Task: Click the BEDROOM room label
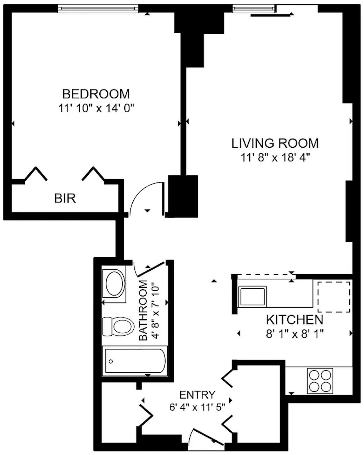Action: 96,94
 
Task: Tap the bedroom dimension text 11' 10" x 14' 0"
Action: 96,108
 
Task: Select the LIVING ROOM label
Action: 275,143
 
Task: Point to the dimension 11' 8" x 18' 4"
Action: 275,158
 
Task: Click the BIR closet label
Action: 65,198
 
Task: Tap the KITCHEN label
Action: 295,320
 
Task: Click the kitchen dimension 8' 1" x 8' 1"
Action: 295,334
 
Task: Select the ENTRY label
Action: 197,395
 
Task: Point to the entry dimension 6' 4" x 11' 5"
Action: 197,407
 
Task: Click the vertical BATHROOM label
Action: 143,310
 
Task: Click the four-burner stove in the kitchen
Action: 320,381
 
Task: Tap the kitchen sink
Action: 252,296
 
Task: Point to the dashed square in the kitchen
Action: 334,297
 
